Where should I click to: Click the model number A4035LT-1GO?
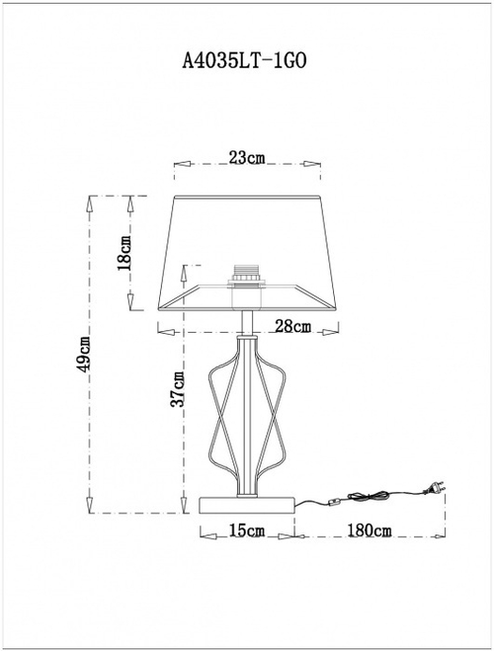247,59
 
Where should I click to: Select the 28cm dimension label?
292,326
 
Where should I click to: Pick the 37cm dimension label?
178,389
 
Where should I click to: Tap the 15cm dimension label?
247,531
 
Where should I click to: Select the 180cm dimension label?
370,531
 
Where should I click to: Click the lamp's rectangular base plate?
247,504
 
